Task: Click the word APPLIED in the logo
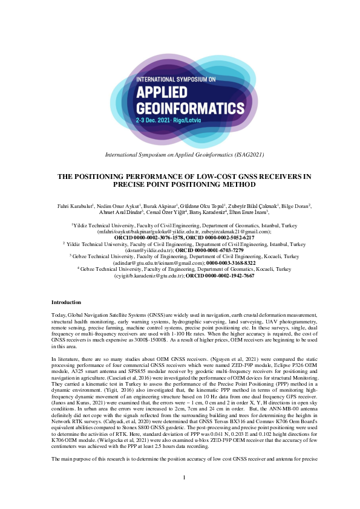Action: [x=163, y=92]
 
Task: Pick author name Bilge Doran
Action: [x=295, y=206]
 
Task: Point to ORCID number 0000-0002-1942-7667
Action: [x=220, y=275]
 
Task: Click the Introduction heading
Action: [x=67, y=302]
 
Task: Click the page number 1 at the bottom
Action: [x=184, y=494]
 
